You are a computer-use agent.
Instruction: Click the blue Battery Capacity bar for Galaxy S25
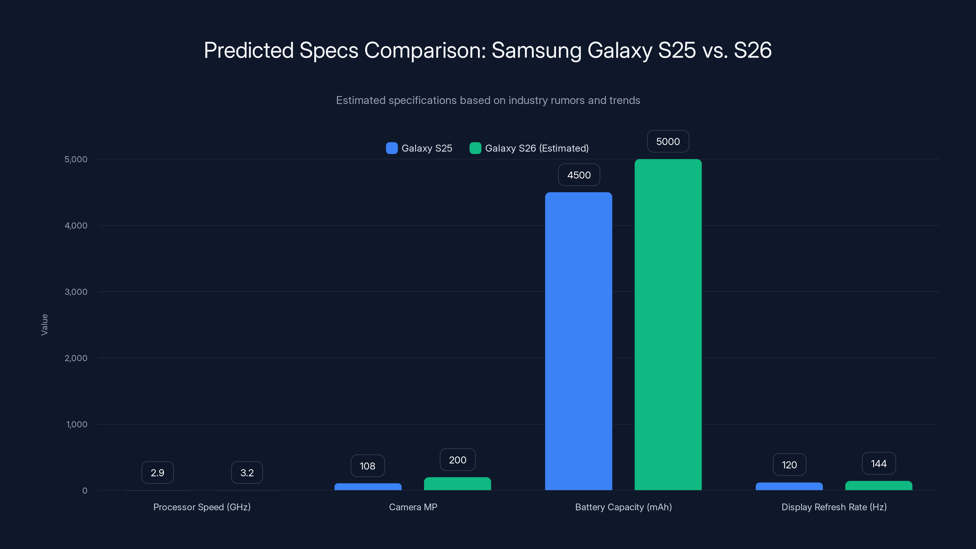tap(579, 341)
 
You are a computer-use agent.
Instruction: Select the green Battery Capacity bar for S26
tap(668, 325)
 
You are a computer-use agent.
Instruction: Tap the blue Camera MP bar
tap(368, 486)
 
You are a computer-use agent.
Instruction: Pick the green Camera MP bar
tap(457, 484)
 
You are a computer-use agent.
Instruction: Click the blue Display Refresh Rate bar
tap(789, 486)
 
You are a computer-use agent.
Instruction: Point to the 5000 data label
tap(668, 141)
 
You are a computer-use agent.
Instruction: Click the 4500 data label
tap(579, 175)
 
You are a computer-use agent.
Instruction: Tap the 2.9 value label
tap(157, 472)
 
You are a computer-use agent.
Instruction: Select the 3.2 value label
tap(247, 472)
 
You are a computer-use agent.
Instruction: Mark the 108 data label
tap(368, 466)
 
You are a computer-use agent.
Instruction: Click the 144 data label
tap(879, 463)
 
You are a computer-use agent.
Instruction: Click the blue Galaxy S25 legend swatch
tap(391, 148)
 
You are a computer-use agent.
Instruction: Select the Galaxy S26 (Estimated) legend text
tap(537, 148)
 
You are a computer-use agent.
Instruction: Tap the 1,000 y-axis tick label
tap(77, 424)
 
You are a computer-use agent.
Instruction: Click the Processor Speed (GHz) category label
tap(202, 507)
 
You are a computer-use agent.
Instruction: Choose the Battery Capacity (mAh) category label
tap(623, 507)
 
